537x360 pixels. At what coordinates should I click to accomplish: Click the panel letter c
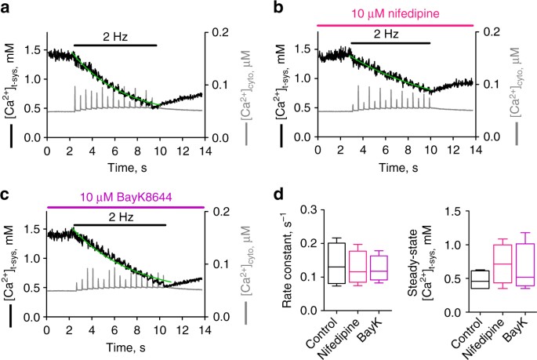(7, 191)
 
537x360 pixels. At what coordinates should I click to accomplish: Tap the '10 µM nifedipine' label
(396, 11)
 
